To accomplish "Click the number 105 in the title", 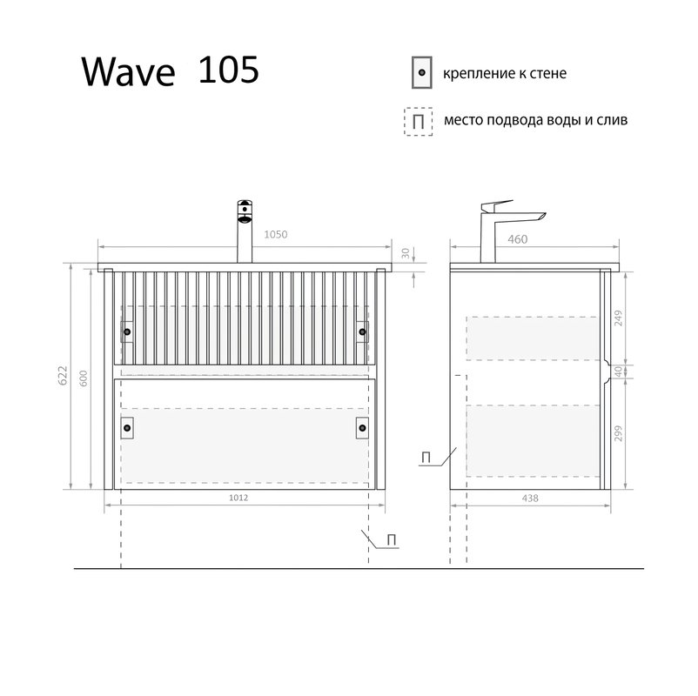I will click(229, 70).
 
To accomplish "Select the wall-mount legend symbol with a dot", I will click(421, 74).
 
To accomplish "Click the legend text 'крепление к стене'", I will click(505, 74).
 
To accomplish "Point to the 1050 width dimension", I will click(275, 234).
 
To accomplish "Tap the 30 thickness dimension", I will click(406, 253).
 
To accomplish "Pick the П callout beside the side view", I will click(426, 457).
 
